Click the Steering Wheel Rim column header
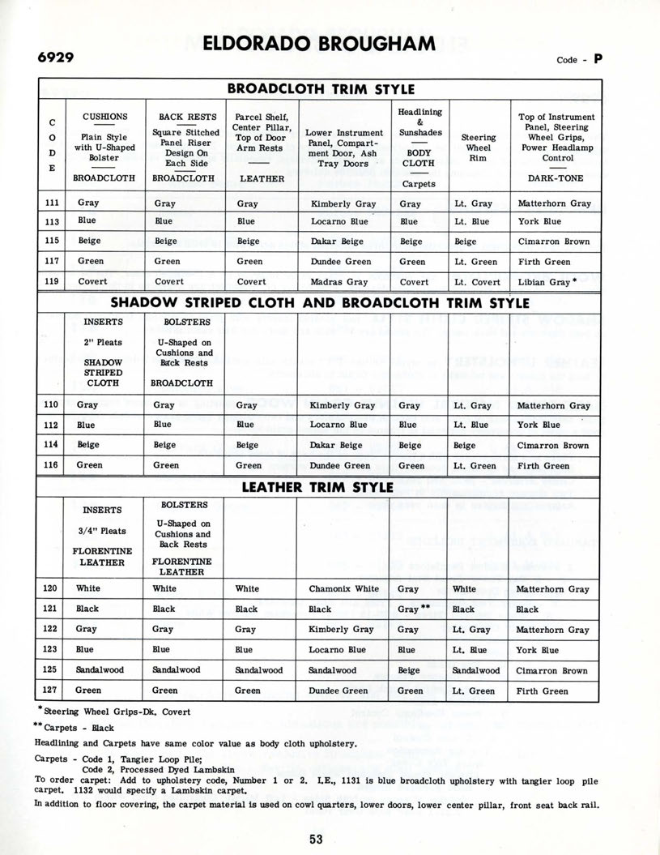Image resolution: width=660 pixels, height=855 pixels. point(478,147)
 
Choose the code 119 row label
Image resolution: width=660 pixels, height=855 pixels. point(51,281)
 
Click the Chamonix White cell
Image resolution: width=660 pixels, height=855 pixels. point(343,589)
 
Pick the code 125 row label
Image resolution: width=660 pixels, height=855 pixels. point(51,671)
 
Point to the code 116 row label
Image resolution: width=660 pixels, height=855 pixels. point(51,466)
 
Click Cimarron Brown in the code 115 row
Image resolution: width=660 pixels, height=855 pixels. point(553,242)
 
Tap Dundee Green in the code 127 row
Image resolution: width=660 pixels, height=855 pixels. point(338,691)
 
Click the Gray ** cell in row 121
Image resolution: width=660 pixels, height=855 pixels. point(413,609)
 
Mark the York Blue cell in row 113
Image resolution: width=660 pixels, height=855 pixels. point(539,221)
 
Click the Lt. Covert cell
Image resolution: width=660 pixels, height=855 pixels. point(476,282)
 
